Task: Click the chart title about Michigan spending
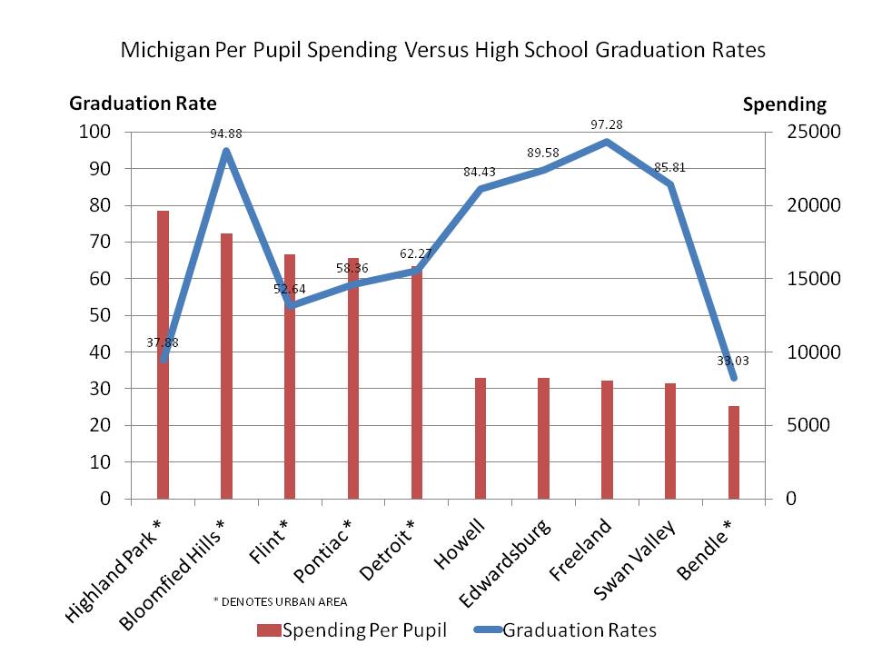click(x=443, y=50)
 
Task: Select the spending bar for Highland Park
click(x=163, y=354)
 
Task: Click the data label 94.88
click(x=226, y=134)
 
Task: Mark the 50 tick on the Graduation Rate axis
click(x=101, y=316)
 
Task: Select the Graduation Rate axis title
click(x=144, y=104)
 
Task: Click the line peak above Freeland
click(x=607, y=142)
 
